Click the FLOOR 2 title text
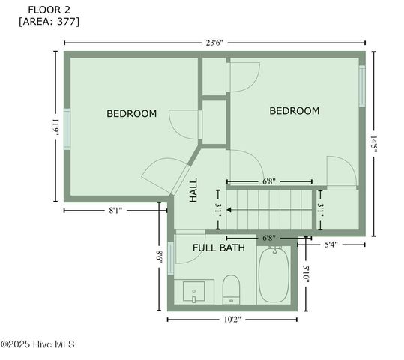point(49,9)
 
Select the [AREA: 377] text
point(49,21)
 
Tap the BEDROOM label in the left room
point(131,114)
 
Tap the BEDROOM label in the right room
point(294,111)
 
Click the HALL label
point(193,190)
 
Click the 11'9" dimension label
point(55,124)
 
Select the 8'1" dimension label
point(116,211)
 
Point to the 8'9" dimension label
point(159,256)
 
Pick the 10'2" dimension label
point(232,319)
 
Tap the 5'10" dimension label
point(306,274)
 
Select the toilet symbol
point(231,289)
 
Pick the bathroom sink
point(194,291)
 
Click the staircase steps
point(268,209)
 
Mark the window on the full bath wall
point(170,260)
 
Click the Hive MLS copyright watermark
point(37,344)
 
